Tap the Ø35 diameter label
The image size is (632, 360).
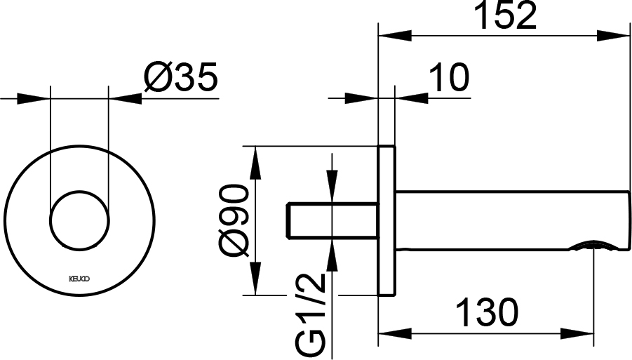click(x=180, y=76)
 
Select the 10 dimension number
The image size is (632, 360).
click(x=449, y=76)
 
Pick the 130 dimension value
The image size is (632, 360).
click(x=487, y=312)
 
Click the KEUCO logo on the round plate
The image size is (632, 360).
click(x=80, y=278)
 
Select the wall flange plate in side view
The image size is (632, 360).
click(x=387, y=220)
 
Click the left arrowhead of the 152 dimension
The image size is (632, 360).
click(x=395, y=35)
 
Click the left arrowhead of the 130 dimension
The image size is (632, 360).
click(x=395, y=334)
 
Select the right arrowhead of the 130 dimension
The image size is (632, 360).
click(x=577, y=334)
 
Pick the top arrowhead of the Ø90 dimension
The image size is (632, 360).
click(x=255, y=162)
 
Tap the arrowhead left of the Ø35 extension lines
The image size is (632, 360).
click(x=33, y=99)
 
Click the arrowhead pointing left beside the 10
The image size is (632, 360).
click(x=412, y=98)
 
